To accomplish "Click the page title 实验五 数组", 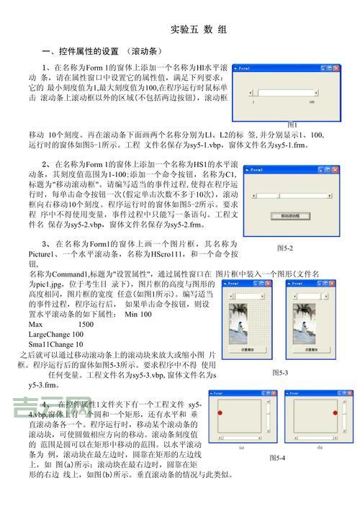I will pos(199,30).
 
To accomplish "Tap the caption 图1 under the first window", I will pos(292,125).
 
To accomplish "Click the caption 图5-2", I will pos(285,248).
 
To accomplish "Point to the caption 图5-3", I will pos(280,373).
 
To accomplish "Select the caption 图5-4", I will pos(276,458).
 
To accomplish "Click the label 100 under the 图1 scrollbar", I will pos(311,103).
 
